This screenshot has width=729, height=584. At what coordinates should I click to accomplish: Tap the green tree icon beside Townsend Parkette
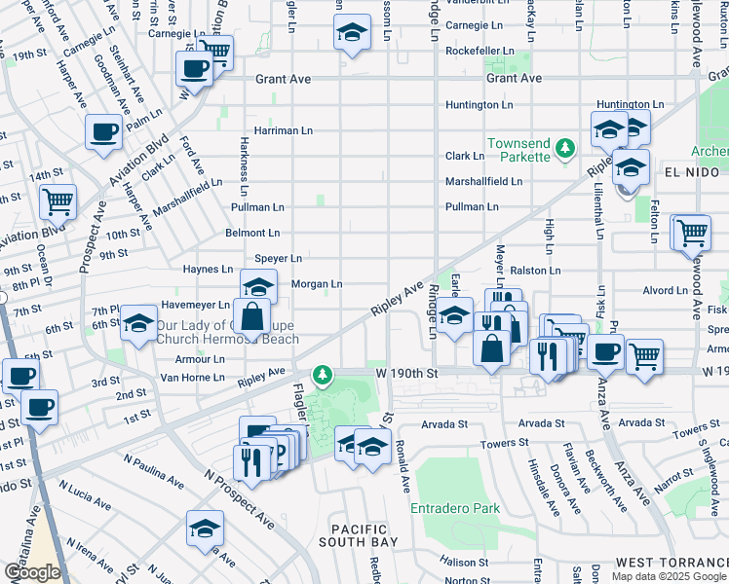563,148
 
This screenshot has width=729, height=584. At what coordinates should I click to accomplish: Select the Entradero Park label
455,508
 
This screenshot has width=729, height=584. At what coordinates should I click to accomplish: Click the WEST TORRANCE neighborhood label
671,564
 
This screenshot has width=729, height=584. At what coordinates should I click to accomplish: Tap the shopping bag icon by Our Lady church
251,315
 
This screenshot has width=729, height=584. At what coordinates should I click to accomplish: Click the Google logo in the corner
32,573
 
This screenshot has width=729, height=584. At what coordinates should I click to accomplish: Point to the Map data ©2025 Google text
668,576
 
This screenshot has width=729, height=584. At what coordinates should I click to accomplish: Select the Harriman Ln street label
283,129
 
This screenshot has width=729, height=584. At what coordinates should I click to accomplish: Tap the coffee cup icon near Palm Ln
103,131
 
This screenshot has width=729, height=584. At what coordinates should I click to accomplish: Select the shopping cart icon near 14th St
58,201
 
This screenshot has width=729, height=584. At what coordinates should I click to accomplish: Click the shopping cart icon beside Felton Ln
691,233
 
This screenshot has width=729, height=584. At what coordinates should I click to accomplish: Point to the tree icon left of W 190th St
322,374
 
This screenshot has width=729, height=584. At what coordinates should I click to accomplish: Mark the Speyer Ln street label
278,258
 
